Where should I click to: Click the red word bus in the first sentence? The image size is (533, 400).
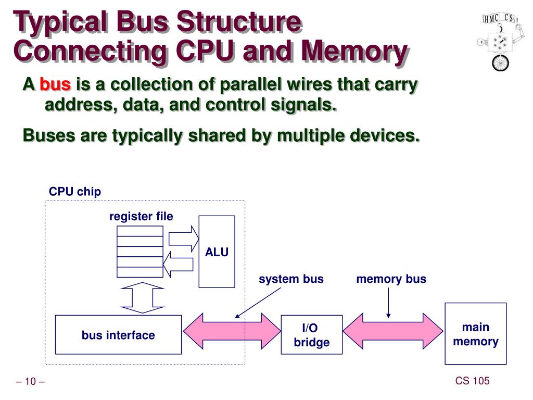click(x=55, y=84)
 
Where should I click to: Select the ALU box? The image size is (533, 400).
click(x=217, y=252)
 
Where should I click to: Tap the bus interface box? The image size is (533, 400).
click(x=118, y=335)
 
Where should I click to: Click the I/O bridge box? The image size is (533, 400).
click(x=311, y=335)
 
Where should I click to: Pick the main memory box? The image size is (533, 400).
click(x=475, y=334)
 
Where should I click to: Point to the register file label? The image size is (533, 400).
click(x=141, y=216)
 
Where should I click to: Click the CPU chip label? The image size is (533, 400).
click(x=75, y=192)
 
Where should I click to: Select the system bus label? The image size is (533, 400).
click(x=291, y=279)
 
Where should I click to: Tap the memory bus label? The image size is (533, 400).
click(x=391, y=279)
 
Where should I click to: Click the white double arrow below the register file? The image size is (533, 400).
click(x=142, y=297)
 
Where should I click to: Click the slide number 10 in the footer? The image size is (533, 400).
click(x=30, y=382)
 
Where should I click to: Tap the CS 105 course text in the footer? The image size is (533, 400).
click(x=472, y=381)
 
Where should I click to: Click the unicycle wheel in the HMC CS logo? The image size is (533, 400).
click(x=500, y=62)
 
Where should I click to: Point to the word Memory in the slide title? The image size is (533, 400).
click(x=354, y=52)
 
